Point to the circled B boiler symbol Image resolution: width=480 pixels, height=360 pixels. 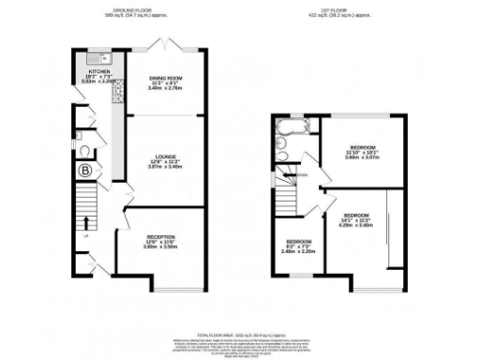coord(85,171)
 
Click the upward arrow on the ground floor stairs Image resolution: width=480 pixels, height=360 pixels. coord(86,223)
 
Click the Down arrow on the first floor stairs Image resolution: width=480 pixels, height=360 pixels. coord(299,174)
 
